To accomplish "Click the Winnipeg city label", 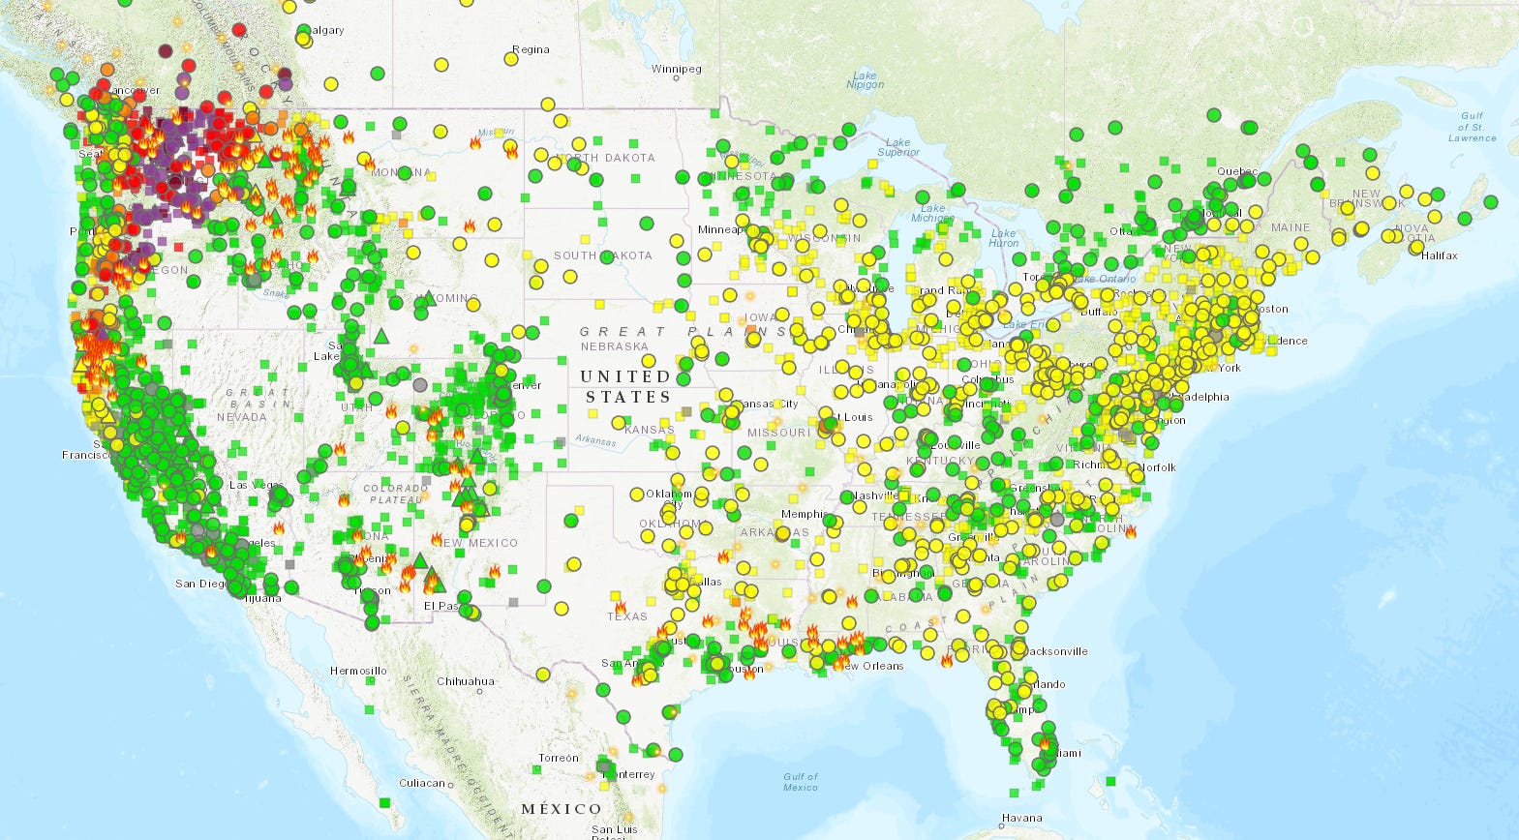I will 676,70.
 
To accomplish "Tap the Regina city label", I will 531,49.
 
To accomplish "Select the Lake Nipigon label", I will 864,80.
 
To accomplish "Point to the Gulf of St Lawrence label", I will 1471,127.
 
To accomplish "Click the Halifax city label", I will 1440,255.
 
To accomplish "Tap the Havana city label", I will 1022,818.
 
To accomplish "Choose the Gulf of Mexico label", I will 801,782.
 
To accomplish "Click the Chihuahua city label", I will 466,681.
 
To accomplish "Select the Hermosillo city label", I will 358,671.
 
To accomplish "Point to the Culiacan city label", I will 422,783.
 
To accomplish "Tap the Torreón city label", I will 559,758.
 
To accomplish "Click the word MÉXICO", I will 562,808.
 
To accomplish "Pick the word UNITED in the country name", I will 624,375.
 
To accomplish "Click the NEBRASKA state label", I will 614,346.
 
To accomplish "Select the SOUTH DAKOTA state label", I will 602,255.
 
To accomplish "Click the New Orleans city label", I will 872,666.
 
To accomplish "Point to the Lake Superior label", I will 897,147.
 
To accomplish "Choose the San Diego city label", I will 200,584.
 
